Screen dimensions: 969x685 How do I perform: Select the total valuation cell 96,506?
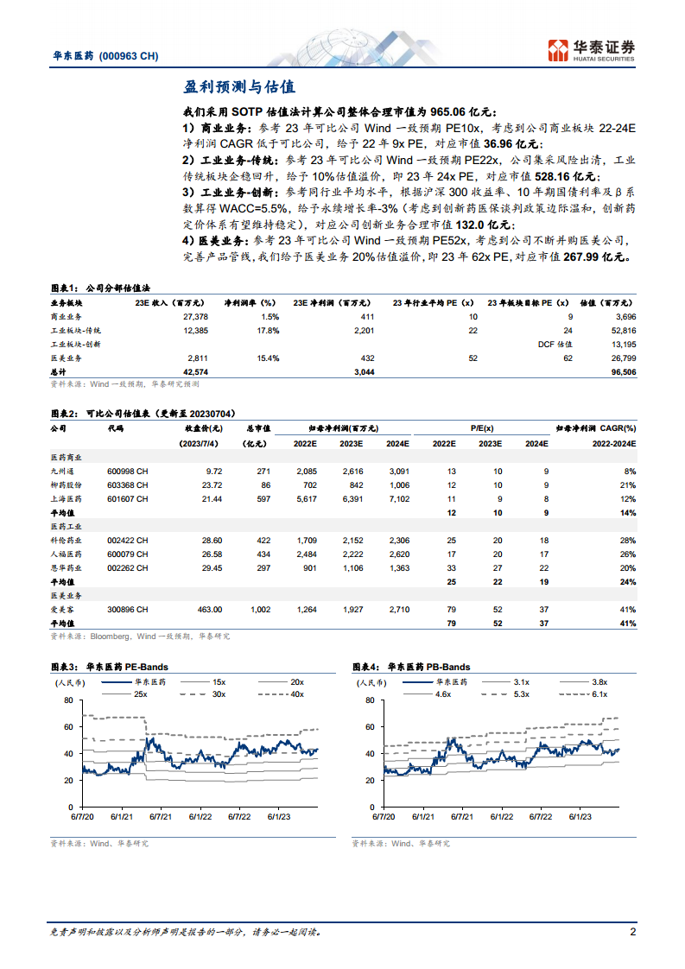point(618,371)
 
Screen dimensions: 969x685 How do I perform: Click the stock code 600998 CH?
point(127,472)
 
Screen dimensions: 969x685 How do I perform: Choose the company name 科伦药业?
point(67,541)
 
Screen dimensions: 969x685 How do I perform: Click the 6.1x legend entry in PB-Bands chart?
point(599,693)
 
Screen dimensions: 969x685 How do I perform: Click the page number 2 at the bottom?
point(632,932)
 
